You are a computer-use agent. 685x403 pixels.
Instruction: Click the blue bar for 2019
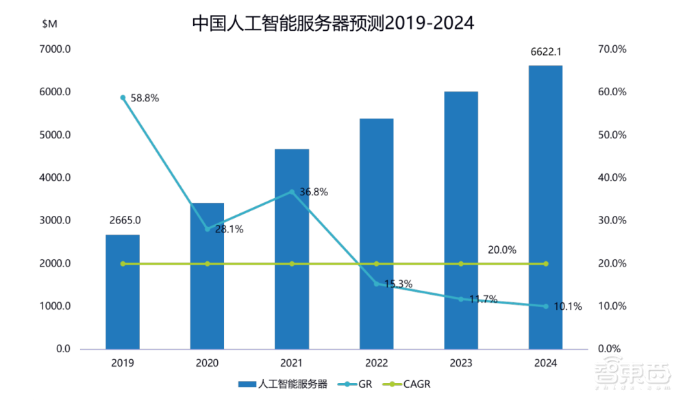pyautogui.click(x=123, y=292)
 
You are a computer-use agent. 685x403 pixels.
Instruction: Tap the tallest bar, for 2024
pyautogui.click(x=545, y=207)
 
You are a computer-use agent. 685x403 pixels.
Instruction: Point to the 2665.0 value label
pyautogui.click(x=125, y=220)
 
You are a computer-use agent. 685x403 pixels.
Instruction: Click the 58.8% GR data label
pyautogui.click(x=144, y=98)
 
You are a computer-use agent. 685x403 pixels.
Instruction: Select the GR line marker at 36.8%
pyautogui.click(x=292, y=192)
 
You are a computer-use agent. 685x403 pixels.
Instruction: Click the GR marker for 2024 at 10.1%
pyautogui.click(x=546, y=306)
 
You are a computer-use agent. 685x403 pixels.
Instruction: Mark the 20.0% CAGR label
pyautogui.click(x=502, y=250)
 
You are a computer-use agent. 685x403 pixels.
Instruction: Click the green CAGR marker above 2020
pyautogui.click(x=208, y=264)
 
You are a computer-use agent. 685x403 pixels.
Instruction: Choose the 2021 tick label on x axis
pyautogui.click(x=292, y=363)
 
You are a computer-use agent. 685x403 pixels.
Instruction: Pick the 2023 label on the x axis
pyautogui.click(x=461, y=363)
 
